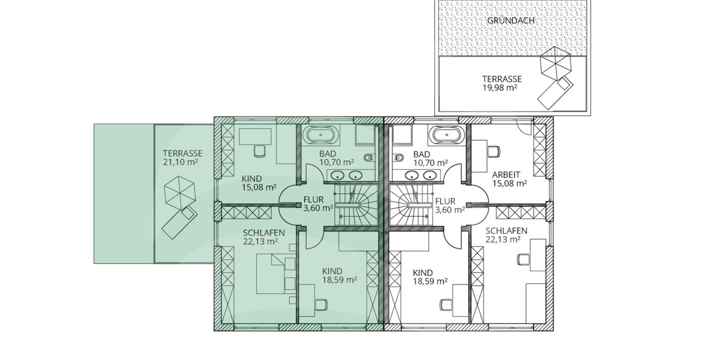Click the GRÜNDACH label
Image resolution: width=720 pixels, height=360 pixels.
coord(511,20)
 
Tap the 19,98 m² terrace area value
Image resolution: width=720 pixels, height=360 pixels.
coord(502,87)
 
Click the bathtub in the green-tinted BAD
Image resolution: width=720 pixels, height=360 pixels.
coord(320,135)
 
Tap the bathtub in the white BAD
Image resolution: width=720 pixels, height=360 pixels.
coord(447,135)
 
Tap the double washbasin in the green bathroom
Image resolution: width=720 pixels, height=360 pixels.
coord(347,175)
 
